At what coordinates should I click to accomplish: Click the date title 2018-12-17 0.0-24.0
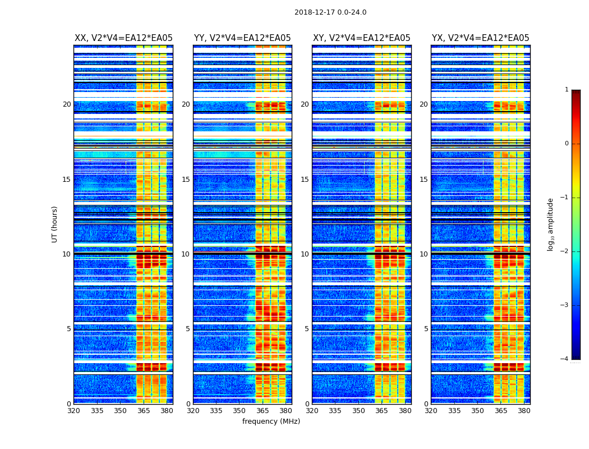[x=330, y=12]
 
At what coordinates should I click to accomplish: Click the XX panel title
[x=123, y=38]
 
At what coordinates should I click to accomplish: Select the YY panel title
[x=242, y=38]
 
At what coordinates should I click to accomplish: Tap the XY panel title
[x=361, y=38]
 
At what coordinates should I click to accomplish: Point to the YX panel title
[x=480, y=38]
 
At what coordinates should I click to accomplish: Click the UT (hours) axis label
[x=55, y=224]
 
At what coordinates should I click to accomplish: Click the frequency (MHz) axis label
[x=271, y=421]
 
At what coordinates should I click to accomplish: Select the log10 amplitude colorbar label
[x=551, y=224]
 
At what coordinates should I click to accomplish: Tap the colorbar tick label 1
[x=567, y=90]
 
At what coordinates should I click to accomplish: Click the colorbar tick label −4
[x=565, y=359]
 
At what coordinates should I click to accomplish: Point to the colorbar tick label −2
[x=565, y=251]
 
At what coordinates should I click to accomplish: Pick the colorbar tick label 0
[x=567, y=144]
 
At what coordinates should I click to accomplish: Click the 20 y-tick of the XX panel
[x=67, y=104]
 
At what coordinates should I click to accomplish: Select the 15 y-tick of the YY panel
[x=186, y=180]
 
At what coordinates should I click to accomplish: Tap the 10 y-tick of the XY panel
[x=305, y=254]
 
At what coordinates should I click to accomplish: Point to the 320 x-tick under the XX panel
[x=73, y=411]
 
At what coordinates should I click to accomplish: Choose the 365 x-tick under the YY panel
[x=263, y=411]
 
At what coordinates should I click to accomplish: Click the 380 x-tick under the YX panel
[x=524, y=411]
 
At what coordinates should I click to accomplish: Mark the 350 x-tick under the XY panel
[x=358, y=411]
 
